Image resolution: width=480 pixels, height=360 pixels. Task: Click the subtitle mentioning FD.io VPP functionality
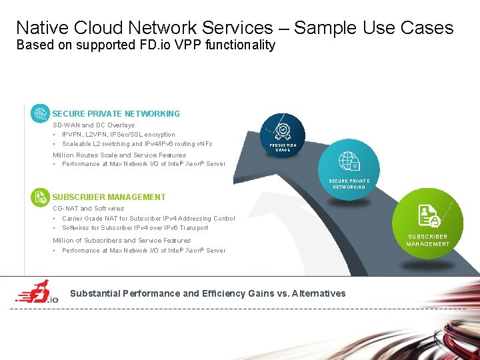click(145, 45)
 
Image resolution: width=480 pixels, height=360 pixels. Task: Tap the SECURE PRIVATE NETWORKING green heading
click(116, 114)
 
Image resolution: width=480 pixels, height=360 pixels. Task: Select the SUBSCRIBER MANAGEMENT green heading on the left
click(109, 197)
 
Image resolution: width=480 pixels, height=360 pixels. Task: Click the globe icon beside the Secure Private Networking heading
click(41, 113)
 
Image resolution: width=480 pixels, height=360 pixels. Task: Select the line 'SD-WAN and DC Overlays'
click(93, 125)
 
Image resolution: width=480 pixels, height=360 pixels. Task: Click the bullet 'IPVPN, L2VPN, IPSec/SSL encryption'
click(119, 135)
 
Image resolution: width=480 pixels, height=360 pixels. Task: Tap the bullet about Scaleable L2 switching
click(137, 144)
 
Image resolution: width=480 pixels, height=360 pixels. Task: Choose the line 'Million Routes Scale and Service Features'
click(119, 155)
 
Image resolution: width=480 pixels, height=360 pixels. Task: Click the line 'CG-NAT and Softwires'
click(88, 209)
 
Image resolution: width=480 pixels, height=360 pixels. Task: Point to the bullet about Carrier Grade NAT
click(148, 219)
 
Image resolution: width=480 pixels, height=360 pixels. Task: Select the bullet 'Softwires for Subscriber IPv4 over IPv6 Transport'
click(135, 228)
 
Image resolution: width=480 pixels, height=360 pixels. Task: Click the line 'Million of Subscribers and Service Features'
click(121, 241)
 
